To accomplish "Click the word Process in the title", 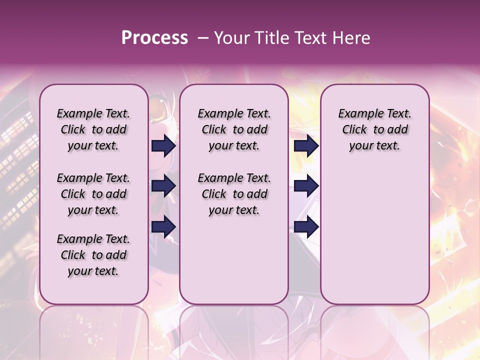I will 154,38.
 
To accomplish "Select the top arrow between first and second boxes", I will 163,145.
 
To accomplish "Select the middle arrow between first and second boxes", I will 163,186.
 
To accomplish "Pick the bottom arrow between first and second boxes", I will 163,226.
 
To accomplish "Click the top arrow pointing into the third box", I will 306,145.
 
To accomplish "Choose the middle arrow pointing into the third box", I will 306,186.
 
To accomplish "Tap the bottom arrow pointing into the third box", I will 306,226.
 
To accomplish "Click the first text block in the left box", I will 93,129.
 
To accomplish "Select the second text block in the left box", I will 93,194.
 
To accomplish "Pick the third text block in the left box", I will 93,255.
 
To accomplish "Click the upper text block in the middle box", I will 234,129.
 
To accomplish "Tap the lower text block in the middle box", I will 234,194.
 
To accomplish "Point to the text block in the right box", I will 374,129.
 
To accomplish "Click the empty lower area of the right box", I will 374,235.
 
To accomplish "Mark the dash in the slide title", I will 203,38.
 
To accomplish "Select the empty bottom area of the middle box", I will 234,265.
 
